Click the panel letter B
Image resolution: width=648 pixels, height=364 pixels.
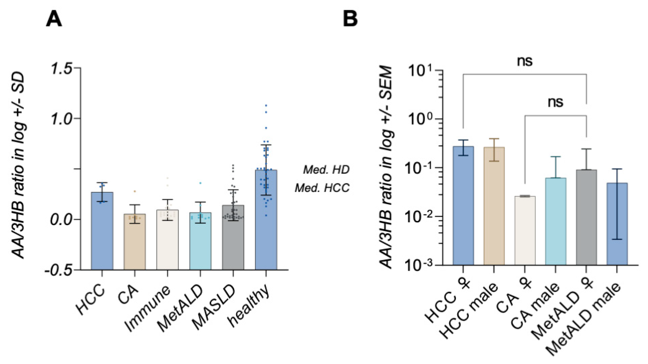click(350, 20)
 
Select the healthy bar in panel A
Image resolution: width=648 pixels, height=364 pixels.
click(266, 221)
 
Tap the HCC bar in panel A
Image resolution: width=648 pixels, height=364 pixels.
click(102, 231)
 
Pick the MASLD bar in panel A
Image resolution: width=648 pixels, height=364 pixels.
click(233, 239)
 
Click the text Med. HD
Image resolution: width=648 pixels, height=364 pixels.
click(326, 170)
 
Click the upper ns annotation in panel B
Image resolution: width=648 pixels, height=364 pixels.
click(524, 61)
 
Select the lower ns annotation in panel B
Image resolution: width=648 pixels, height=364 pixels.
click(555, 102)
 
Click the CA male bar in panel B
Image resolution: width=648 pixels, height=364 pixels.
click(556, 221)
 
